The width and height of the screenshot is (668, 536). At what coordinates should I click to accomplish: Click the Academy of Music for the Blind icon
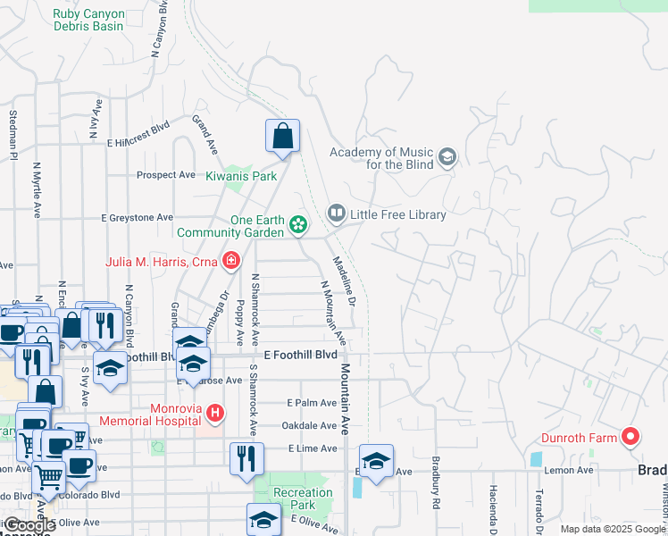point(447,159)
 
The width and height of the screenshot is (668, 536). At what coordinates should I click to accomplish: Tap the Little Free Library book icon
point(336,214)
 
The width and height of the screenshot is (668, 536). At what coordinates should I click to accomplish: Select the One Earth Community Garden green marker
point(298,226)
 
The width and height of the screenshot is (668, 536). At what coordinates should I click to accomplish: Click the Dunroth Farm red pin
point(631,437)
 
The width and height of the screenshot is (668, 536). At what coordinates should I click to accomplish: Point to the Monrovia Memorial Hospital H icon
point(214,414)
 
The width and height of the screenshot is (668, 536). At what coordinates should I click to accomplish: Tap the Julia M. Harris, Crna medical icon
point(231,261)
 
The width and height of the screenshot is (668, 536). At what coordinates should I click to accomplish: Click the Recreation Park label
point(303,498)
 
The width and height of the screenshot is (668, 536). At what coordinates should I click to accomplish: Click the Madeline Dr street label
point(345,283)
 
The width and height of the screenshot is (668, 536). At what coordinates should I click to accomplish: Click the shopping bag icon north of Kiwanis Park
point(282,137)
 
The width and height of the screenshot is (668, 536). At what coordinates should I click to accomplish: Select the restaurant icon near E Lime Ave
point(246,458)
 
